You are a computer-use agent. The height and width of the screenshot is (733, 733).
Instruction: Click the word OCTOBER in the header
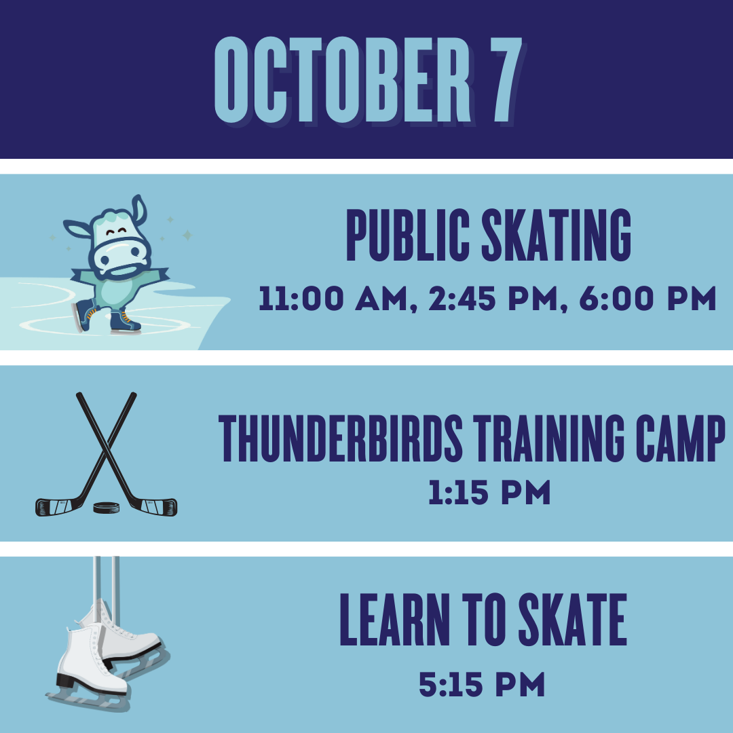click(x=342, y=79)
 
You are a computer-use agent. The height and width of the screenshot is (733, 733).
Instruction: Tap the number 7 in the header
click(x=506, y=79)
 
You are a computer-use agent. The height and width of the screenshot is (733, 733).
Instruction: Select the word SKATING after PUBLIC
click(x=557, y=235)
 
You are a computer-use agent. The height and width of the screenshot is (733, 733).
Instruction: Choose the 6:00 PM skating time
click(x=647, y=299)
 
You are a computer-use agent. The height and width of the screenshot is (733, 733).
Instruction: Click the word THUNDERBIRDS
click(x=340, y=438)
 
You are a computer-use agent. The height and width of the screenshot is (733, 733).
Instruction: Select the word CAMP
click(x=681, y=438)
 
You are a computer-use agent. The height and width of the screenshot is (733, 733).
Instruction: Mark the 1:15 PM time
click(x=489, y=492)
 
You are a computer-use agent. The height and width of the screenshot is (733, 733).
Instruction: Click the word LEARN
click(x=394, y=620)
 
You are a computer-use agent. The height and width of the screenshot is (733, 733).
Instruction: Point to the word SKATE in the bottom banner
click(x=573, y=620)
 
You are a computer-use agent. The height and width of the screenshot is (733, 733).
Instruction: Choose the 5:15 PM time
click(x=482, y=684)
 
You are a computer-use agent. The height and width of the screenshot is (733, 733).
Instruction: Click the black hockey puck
click(x=106, y=507)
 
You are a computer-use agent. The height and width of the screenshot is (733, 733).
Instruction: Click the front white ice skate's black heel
click(x=65, y=680)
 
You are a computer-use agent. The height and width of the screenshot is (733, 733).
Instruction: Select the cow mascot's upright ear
click(x=139, y=210)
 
